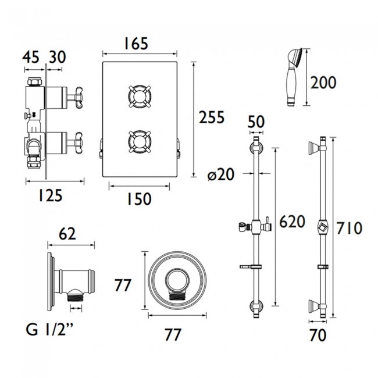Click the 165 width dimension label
pyautogui.click(x=135, y=44)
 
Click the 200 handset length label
pyautogui.click(x=323, y=83)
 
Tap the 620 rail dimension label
pyautogui.click(x=292, y=222)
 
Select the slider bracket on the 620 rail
pyautogui.click(x=253, y=226)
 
